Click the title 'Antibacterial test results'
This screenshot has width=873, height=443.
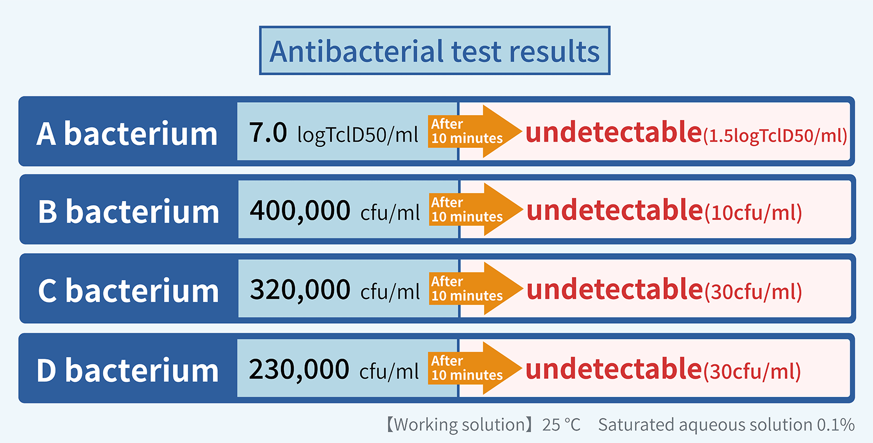[x=434, y=51]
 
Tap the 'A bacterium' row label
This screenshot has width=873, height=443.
[x=127, y=133]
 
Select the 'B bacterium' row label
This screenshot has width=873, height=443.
[x=129, y=212]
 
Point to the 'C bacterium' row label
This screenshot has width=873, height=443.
[x=129, y=290]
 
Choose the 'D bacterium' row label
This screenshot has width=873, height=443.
[x=128, y=370]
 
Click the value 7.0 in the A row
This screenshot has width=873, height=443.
[x=267, y=132]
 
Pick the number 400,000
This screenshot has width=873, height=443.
[x=300, y=211]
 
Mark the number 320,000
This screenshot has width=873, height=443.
[x=300, y=290]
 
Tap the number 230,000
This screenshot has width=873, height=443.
[x=299, y=369]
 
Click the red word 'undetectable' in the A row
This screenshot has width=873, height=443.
[x=613, y=132]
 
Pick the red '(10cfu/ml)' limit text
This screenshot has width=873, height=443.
[x=753, y=213]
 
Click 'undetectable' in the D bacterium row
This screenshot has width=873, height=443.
[x=613, y=369]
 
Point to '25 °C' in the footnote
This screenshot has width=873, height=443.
[x=561, y=425]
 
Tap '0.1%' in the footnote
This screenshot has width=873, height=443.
[x=835, y=425]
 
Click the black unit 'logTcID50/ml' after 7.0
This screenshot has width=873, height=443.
[x=357, y=135]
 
